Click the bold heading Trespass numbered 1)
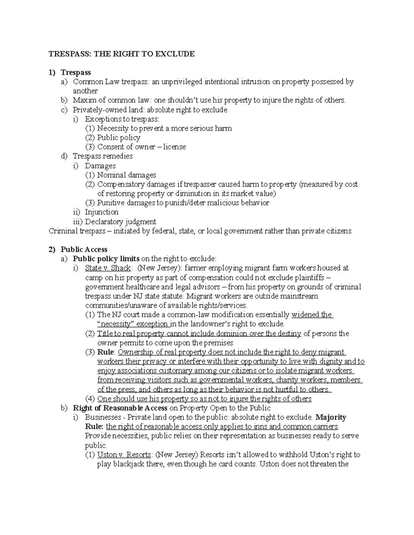[x=76, y=72]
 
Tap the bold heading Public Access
[x=84, y=249]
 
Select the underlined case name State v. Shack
[x=108, y=268]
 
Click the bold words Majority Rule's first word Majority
[x=331, y=417]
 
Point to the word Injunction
[x=101, y=212]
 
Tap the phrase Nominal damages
[x=127, y=175]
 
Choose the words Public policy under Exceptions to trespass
[x=119, y=137]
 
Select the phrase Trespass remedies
[x=102, y=156]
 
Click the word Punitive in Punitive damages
[x=109, y=203]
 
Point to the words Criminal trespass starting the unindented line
[x=77, y=231]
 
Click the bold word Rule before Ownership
[x=106, y=352]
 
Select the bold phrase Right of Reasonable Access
[x=120, y=408]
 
